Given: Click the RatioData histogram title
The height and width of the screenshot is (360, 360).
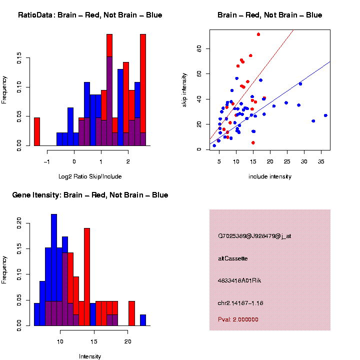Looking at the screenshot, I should click(x=90, y=15).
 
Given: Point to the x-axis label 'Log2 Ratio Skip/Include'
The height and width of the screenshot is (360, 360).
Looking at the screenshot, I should click(x=90, y=176).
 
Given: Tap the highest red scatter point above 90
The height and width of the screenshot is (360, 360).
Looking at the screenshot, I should click(x=258, y=34).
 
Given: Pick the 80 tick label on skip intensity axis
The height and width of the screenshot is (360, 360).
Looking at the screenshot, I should click(x=198, y=48).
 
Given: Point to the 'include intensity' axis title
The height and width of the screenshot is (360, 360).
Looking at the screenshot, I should click(x=270, y=176).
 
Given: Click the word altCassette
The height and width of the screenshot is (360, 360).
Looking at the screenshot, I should click(x=233, y=258).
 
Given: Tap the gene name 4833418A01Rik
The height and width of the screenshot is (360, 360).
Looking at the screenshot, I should click(x=239, y=280).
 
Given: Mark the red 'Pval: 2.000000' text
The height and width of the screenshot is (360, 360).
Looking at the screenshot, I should click(x=238, y=319).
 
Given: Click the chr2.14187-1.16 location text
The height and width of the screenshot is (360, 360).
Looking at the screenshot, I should click(x=240, y=303).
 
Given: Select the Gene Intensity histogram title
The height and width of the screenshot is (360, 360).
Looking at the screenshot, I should click(x=90, y=195).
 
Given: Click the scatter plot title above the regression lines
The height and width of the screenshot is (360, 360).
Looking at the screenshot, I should click(x=270, y=15).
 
